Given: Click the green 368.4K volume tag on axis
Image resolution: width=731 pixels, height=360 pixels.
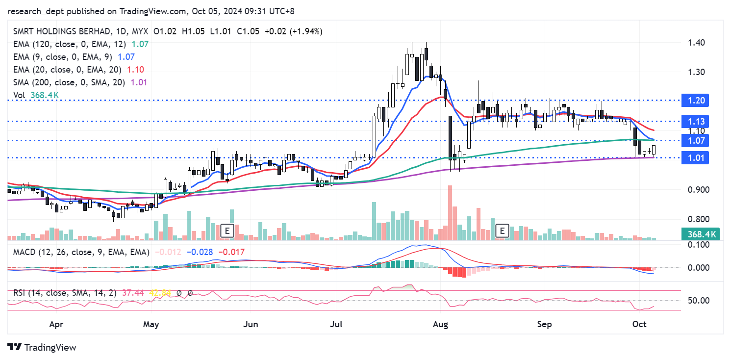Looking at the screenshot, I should [x=702, y=234].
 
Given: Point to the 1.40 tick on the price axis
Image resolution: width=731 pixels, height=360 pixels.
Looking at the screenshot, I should [x=697, y=43].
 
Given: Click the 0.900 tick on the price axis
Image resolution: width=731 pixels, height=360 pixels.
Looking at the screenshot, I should [x=698, y=190].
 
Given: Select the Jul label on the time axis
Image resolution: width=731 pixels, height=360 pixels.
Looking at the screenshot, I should [x=336, y=324].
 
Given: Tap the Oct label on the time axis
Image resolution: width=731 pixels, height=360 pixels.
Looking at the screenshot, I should [x=638, y=324].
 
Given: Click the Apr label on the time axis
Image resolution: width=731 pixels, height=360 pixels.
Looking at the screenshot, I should [x=57, y=324].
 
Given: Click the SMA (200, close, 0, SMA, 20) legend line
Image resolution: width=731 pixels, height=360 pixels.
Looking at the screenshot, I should [x=69, y=82].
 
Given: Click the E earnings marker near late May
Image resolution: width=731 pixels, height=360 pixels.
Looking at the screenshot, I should [x=227, y=231].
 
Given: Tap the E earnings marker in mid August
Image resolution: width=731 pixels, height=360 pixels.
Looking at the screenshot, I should [x=502, y=231].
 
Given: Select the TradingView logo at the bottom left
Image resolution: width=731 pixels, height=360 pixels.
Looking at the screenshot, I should [x=42, y=347].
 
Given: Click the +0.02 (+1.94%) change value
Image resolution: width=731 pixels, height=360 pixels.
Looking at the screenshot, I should [x=293, y=31].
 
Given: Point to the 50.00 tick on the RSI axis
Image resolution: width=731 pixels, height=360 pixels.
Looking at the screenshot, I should [x=698, y=300].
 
